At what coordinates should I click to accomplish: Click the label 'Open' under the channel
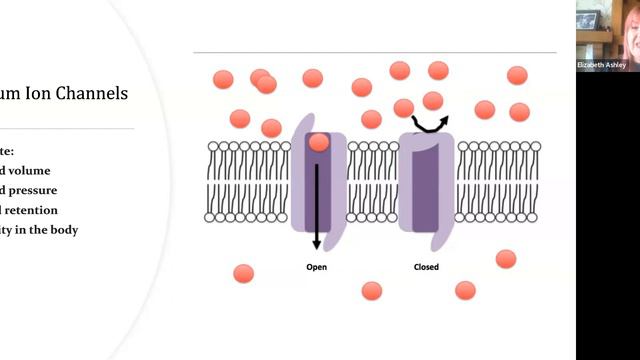coord(316,267)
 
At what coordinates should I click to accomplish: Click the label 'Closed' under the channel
coord(426,267)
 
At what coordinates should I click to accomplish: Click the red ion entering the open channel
coord(318,142)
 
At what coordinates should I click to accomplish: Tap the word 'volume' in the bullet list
coord(29,170)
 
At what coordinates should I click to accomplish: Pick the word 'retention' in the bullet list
coord(30,210)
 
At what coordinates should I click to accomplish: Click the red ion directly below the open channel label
coord(372,291)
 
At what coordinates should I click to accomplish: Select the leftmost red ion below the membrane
coord(243,273)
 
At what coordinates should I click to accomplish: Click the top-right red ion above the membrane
coord(517,75)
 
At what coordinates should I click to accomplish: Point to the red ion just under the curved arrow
coord(433,100)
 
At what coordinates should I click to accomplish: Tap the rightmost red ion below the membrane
coord(506,259)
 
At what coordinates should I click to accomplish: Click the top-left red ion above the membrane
coord(223,79)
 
